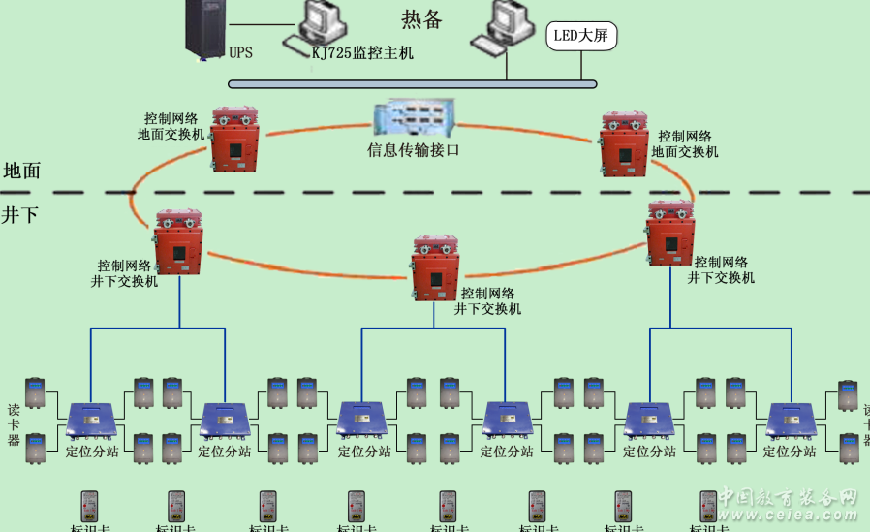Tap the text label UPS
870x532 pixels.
[241, 52]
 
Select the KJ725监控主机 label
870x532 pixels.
[362, 53]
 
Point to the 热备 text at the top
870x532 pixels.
[421, 19]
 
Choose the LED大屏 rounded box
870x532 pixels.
[581, 37]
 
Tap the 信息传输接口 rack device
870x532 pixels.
[414, 118]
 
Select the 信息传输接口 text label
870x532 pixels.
[413, 150]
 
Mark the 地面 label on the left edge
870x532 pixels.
[21, 171]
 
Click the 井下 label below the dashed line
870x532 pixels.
[20, 214]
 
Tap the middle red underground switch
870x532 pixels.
[434, 266]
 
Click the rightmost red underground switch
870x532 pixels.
[670, 233]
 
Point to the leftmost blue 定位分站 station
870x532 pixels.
[91, 421]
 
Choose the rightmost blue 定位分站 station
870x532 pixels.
[792, 421]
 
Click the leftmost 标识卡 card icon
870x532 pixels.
[89, 506]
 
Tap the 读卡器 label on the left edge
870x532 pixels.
[14, 423]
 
